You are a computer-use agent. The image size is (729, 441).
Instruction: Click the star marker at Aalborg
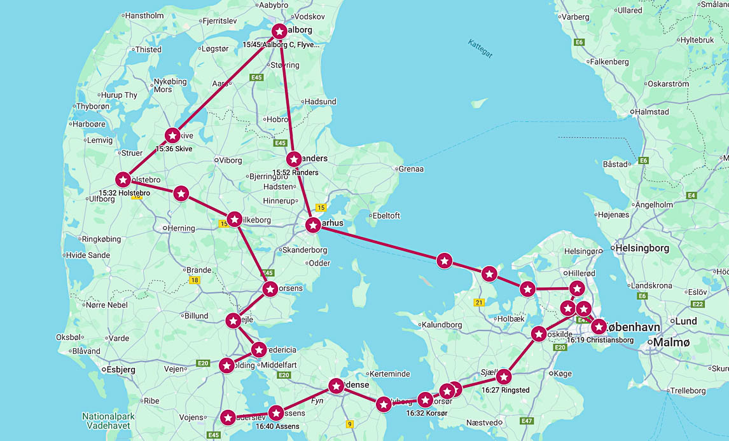pos(279,31)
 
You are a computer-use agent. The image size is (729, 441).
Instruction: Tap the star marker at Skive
pos(172,135)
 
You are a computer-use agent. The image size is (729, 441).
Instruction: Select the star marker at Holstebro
pos(123,180)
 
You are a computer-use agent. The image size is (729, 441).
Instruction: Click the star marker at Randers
pos(294,159)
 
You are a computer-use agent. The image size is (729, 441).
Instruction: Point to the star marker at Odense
pos(337,386)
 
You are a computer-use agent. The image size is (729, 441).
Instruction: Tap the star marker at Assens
pos(276,413)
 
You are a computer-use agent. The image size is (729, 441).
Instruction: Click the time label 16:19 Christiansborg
pos(600,340)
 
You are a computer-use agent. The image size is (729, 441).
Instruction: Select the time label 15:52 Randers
pos(295,172)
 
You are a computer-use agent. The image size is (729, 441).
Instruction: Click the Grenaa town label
pos(410,169)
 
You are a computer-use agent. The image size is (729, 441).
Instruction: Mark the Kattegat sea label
pos(480,49)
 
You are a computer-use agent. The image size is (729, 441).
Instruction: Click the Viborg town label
pos(231,160)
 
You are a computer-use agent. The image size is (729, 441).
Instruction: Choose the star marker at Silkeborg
pos(234,219)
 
